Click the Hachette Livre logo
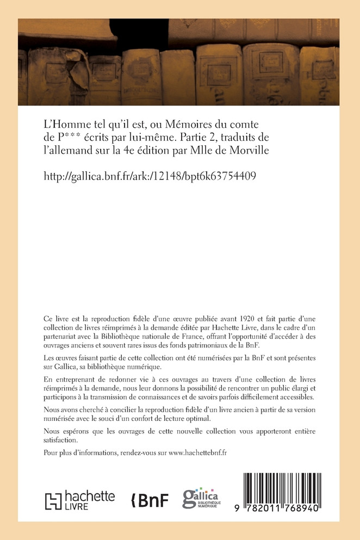pos(79,500)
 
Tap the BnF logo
pos(151,500)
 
